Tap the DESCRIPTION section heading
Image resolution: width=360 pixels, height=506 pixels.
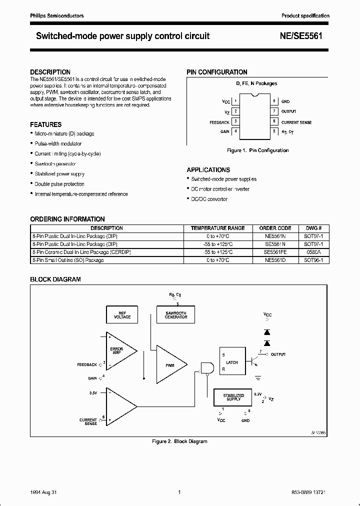(50, 72)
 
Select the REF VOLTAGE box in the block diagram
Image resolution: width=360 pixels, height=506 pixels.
(122, 315)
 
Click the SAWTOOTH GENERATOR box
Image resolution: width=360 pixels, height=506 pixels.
(175, 315)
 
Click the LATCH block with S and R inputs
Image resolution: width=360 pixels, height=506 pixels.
(232, 362)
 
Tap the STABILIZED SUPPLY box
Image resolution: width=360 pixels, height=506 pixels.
(233, 397)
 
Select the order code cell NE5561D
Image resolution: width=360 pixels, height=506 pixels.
(275, 260)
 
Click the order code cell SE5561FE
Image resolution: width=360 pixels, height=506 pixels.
(275, 252)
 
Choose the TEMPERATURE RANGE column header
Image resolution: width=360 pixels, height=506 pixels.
(218, 228)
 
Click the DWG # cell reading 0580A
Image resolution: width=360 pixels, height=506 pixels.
(316, 252)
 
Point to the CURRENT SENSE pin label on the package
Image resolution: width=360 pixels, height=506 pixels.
(296, 122)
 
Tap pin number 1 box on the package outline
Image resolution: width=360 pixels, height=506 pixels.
(235, 101)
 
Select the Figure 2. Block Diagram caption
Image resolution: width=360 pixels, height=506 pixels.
(179, 441)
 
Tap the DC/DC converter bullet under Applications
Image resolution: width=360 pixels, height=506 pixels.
(209, 199)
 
